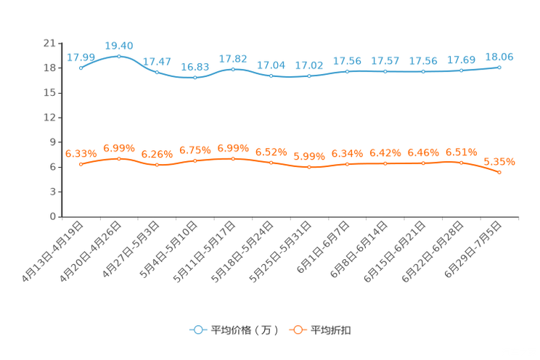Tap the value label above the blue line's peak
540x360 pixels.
click(119, 46)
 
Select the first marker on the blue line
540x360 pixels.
click(81, 67)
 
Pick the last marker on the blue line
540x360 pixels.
click(499, 67)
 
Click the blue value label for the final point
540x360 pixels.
click(499, 56)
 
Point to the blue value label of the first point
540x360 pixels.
click(81, 57)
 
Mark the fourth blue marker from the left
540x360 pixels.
click(195, 76)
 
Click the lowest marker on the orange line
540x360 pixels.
click(499, 172)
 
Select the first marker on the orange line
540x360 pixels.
click(81, 164)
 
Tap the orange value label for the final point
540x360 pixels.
click(499, 161)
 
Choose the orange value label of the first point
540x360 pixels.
click(81, 153)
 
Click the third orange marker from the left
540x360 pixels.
click(157, 165)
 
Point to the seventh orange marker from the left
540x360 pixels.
click(309, 166)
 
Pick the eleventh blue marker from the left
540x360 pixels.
click(462, 70)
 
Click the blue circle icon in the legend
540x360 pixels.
click(197, 330)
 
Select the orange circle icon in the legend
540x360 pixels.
click(297, 330)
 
